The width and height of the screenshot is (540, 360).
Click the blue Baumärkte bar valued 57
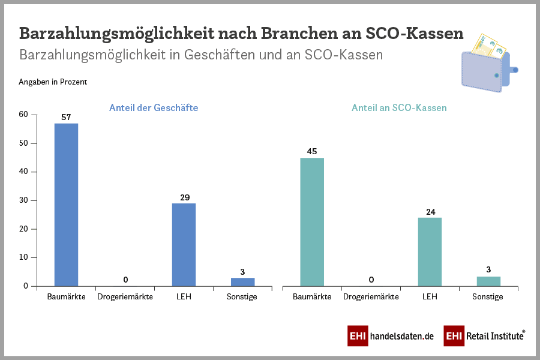click(x=66, y=205)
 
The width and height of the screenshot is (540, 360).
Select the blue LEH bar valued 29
click(x=184, y=245)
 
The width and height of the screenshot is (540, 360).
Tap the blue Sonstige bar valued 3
click(x=242, y=281)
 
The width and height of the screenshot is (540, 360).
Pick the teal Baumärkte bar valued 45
click(x=311, y=222)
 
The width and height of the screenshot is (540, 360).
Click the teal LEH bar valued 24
click(x=430, y=251)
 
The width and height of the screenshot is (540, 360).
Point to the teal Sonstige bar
click(x=488, y=281)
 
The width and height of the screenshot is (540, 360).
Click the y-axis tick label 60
click(x=23, y=115)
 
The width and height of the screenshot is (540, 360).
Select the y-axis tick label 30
click(x=23, y=200)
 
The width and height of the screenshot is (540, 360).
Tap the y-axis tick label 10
click(x=23, y=257)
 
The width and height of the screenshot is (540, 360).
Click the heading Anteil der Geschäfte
click(x=154, y=108)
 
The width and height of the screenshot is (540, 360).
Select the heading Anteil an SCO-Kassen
click(x=399, y=108)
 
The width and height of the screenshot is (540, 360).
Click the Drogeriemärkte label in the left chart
click(x=125, y=297)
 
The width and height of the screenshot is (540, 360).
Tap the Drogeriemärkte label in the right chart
click(x=370, y=297)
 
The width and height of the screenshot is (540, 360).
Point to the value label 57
click(x=66, y=116)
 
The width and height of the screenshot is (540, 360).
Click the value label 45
click(x=311, y=151)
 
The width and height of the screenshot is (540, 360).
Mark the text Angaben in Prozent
click(x=53, y=82)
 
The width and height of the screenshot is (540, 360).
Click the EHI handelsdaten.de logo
click(x=390, y=336)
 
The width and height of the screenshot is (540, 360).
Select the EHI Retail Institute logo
click(x=484, y=336)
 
